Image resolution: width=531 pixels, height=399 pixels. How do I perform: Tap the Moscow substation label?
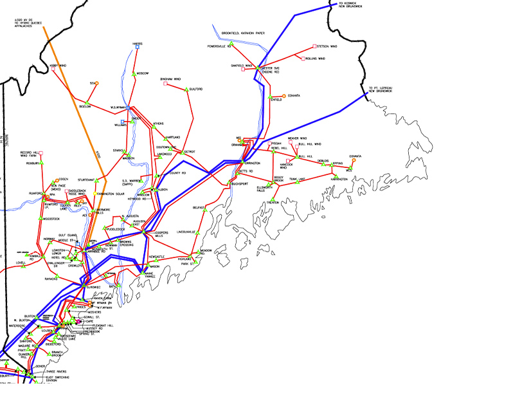coord(143,73)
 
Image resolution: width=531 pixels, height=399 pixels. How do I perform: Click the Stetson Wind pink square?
coord(314,46)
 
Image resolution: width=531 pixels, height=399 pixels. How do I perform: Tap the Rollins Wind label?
coord(316,59)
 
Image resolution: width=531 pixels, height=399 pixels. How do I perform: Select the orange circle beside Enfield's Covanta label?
coord(283,95)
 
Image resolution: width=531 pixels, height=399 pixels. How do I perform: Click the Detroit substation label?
coord(190,152)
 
